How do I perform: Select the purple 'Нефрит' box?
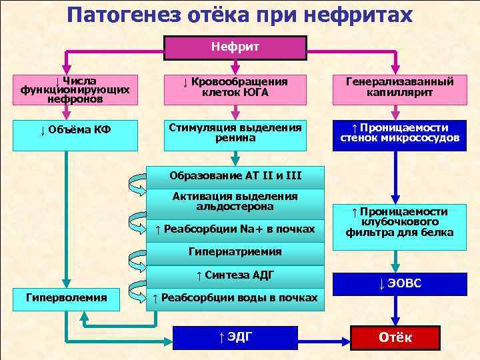click(235, 47)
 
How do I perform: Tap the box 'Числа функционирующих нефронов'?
click(65, 90)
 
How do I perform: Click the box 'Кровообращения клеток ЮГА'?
click(235, 87)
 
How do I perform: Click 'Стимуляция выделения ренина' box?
click(235, 133)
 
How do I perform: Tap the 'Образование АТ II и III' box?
click(235, 176)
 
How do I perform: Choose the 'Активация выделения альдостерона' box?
click(235, 201)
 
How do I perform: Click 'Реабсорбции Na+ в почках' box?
click(235, 229)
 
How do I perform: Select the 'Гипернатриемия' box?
click(235, 252)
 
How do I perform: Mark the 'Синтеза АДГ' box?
click(235, 275)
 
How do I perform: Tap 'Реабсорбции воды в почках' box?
click(235, 297)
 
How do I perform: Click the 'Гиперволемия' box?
click(65, 297)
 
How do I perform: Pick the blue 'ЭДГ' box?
click(235, 337)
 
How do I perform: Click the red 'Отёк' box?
click(395, 337)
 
